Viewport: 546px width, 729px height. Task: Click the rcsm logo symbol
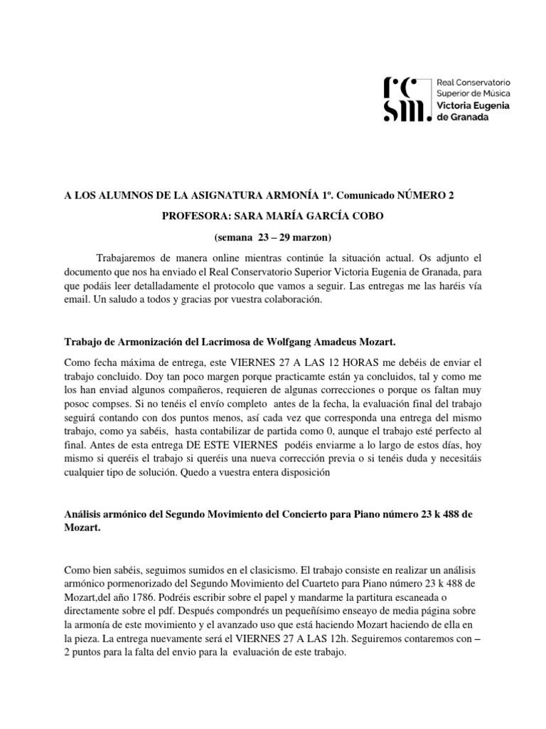407,98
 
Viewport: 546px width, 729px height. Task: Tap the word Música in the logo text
495,93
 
